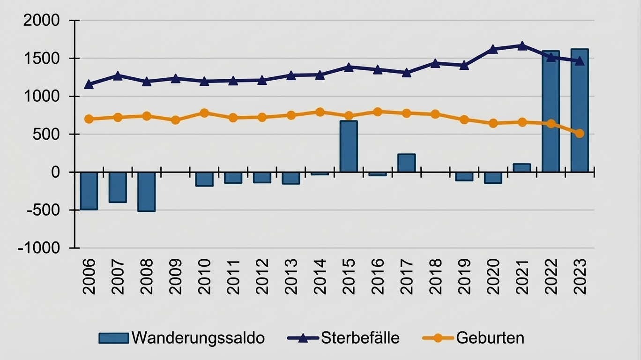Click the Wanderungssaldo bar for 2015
pos(349,146)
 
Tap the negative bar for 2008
pos(146,191)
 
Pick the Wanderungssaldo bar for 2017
pos(406,163)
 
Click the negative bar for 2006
pos(89,190)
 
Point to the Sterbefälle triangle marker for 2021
pos(522,46)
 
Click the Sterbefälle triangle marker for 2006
pos(89,85)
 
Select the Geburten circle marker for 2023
pos(580,134)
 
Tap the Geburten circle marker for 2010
pos(204,113)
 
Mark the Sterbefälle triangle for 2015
pos(349,67)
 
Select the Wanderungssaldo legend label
pos(198,337)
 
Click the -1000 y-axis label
pos(39,248)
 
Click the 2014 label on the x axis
pos(320,276)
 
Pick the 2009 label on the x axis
pos(175,276)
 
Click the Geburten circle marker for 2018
pos(435,114)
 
